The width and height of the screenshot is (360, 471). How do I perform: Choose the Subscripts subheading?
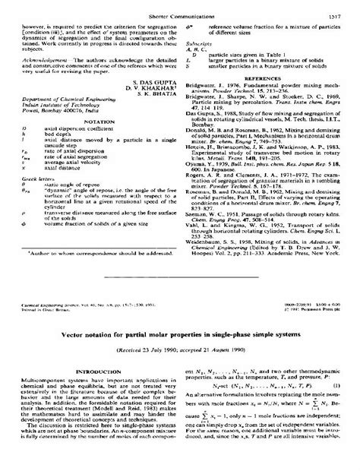pos(201,44)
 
